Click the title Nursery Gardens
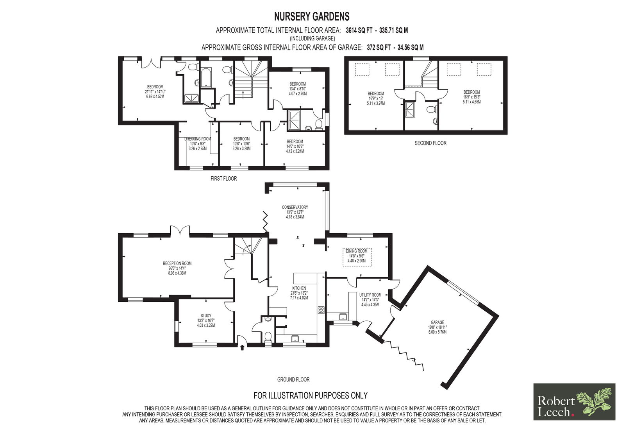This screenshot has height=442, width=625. click(x=312, y=17)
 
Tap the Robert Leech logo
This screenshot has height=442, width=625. click(x=574, y=402)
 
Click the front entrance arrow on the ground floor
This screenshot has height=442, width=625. click(x=242, y=348)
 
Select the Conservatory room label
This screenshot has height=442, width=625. click(x=295, y=207)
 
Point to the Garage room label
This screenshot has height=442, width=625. click(x=437, y=322)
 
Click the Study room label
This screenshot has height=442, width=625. click(x=206, y=315)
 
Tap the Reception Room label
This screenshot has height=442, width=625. click(x=177, y=263)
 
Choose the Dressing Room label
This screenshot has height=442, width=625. click(x=198, y=139)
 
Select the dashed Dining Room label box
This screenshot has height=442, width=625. click(x=357, y=257)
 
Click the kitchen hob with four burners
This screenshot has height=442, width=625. click(x=321, y=310)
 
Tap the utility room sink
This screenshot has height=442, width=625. click(x=343, y=317)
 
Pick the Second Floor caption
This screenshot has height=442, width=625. click(x=430, y=143)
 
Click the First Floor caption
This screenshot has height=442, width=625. click(x=223, y=179)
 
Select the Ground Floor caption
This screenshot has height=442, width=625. click(x=293, y=379)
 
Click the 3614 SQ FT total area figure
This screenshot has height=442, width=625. click(x=359, y=30)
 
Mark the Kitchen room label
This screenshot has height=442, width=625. click(x=299, y=288)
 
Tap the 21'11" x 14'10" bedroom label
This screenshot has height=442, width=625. click(x=155, y=91)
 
